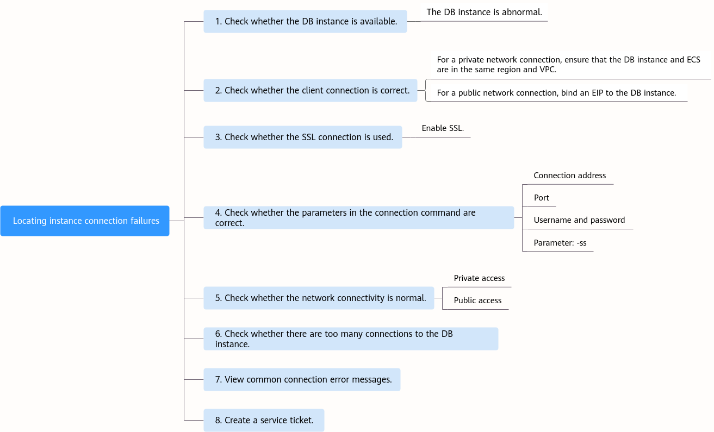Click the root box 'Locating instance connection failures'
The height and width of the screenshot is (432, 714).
85,221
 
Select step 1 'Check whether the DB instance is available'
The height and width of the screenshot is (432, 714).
305,21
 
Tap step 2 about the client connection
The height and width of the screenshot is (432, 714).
311,91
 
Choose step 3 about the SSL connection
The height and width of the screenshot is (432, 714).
303,137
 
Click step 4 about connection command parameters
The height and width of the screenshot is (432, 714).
358,217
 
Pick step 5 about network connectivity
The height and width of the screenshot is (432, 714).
319,298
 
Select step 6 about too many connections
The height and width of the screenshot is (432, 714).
351,339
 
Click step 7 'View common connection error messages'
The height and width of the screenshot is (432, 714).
302,379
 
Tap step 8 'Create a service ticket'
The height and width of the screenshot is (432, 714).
264,420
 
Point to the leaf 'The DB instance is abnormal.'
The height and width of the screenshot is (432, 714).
484,12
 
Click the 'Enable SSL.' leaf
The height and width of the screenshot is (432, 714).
443,128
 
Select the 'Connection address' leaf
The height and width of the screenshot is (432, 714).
569,176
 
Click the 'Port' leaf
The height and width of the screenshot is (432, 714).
541,198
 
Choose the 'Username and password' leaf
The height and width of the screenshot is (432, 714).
579,220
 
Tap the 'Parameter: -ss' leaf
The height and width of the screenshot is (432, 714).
560,243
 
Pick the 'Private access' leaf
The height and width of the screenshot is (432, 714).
479,278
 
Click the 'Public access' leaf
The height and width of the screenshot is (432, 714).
477,300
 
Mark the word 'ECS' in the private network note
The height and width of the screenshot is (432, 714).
693,60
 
